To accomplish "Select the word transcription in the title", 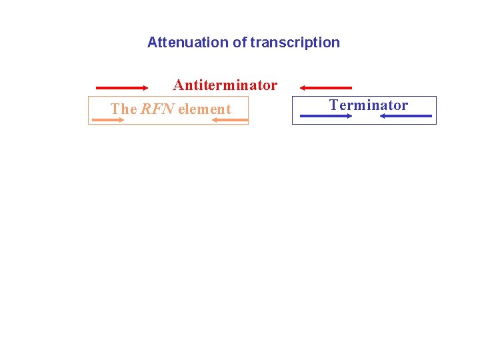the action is [295, 43].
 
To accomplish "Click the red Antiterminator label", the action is [225, 85].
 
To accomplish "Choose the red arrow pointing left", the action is [325, 87].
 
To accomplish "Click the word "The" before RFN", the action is [123, 109].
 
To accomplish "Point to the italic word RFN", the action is [157, 109].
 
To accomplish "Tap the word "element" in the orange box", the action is [204, 109].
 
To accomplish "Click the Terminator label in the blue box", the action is [369, 105].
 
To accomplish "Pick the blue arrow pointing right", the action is [326, 116].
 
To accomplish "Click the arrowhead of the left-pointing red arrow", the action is [303, 87].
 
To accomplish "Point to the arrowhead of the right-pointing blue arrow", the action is [349, 116].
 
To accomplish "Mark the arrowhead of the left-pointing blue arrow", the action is [383, 116].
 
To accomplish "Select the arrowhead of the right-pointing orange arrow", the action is [121, 120].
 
